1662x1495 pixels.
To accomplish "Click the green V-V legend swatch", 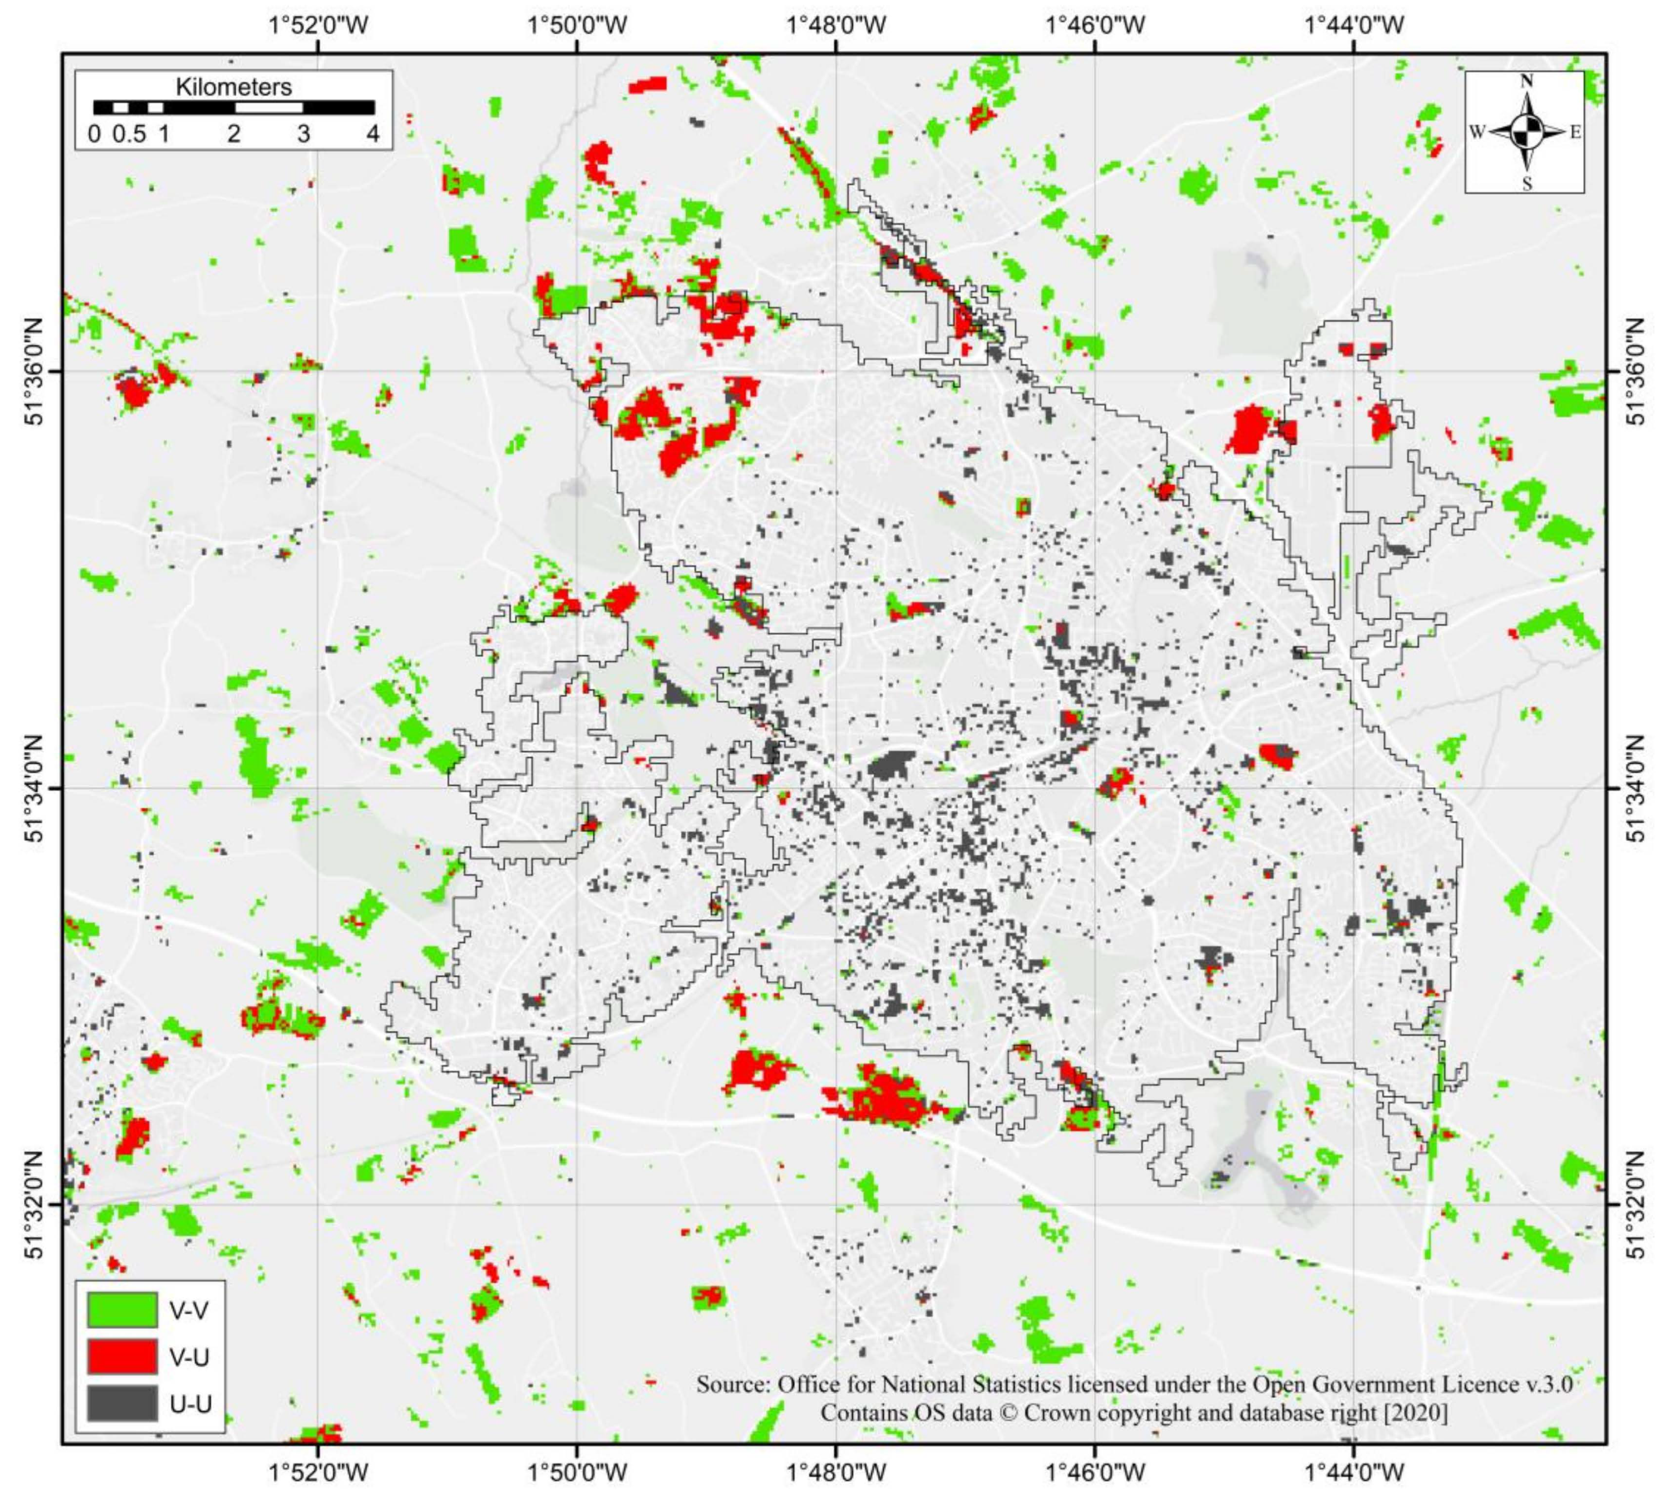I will (122, 1310).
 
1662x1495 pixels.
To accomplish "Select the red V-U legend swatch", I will (122, 1356).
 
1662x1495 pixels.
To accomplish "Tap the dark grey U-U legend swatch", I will (122, 1403).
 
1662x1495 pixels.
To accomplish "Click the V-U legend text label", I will (189, 1357).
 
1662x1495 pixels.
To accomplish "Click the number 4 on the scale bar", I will (373, 134).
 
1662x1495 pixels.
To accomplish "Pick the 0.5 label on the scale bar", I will (129, 134).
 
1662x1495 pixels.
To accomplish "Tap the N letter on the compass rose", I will (1527, 80).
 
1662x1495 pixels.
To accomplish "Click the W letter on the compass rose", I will (1477, 132).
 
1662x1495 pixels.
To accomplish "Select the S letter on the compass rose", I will (1527, 184).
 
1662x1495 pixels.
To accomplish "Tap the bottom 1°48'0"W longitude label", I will (836, 1472).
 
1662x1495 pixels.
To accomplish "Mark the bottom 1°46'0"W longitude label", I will (1095, 1472).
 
